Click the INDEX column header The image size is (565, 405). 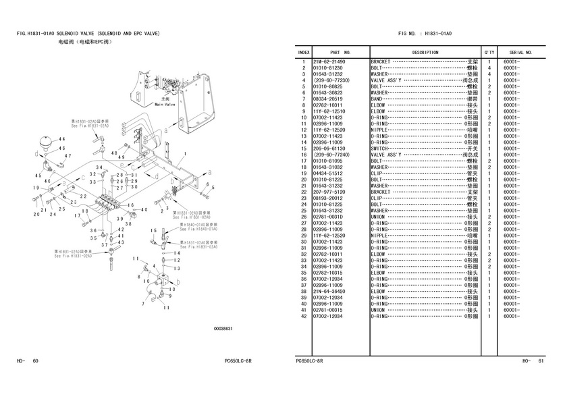pos(304,52)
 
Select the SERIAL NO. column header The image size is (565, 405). pos(521,52)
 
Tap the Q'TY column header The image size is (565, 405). pos(489,52)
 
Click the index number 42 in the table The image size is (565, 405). pos(304,316)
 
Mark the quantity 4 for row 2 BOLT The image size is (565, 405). pos(489,67)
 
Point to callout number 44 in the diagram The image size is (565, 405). pos(61,139)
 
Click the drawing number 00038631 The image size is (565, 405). pos(223,329)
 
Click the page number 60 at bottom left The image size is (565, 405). pos(35,361)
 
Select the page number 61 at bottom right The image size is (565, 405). pos(540,361)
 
